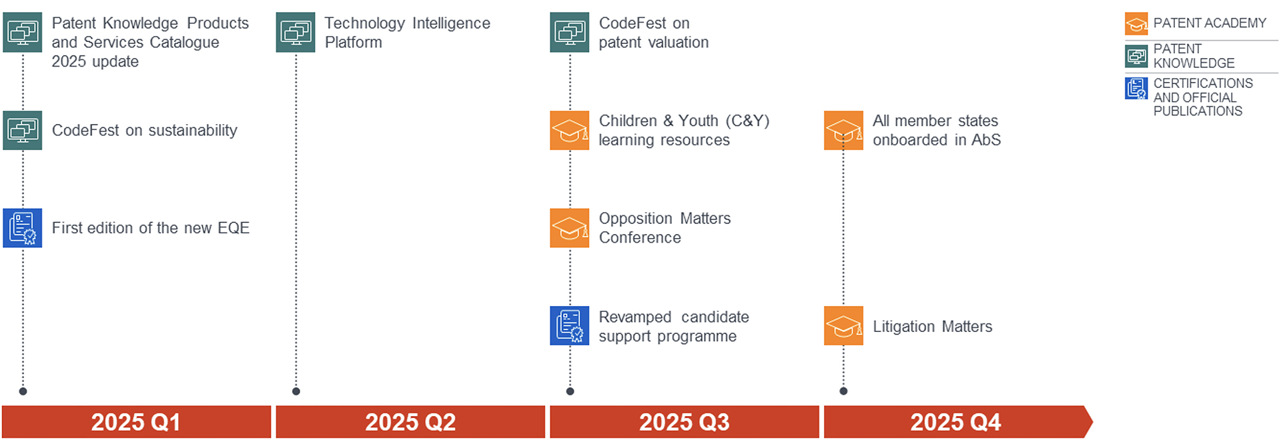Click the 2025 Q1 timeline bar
(x=136, y=422)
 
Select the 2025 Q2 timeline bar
(x=410, y=422)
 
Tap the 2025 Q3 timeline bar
(x=685, y=422)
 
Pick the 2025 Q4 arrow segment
(x=958, y=422)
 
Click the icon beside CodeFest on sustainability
(x=23, y=130)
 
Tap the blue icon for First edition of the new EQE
(x=23, y=228)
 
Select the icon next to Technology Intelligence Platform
(x=296, y=32)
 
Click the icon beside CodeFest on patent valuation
(x=570, y=32)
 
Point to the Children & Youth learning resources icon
(x=570, y=130)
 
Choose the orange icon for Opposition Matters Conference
(x=570, y=228)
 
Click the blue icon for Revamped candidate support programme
(x=570, y=325)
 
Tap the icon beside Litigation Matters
(x=843, y=325)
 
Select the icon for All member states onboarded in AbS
(x=843, y=130)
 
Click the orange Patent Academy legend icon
(x=1136, y=24)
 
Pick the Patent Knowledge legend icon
(x=1136, y=56)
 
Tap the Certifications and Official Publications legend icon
(x=1136, y=88)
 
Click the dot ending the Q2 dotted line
(x=296, y=391)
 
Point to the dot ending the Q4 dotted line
(x=843, y=391)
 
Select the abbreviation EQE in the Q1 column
(x=234, y=228)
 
